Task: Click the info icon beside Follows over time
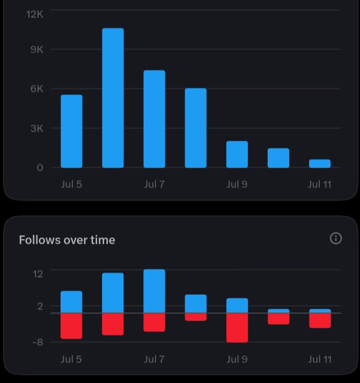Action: click(336, 238)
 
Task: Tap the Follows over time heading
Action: click(67, 240)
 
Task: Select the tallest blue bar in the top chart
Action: click(113, 98)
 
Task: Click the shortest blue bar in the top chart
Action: click(320, 164)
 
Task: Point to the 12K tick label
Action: click(35, 15)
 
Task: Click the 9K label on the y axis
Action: click(37, 49)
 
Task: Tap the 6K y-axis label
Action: click(37, 89)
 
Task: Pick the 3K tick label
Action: click(37, 128)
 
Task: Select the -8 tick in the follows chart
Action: click(38, 343)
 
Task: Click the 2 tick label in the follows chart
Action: click(40, 306)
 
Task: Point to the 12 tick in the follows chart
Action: click(38, 274)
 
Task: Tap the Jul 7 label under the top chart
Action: click(154, 184)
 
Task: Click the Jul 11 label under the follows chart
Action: click(320, 359)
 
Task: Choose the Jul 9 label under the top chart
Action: click(237, 184)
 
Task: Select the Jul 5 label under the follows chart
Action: click(71, 359)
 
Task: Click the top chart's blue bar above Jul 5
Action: click(71, 132)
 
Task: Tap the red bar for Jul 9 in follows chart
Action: click(237, 328)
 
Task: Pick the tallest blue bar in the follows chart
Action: click(154, 291)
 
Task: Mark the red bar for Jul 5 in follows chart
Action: click(71, 326)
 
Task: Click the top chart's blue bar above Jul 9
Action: click(237, 154)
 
